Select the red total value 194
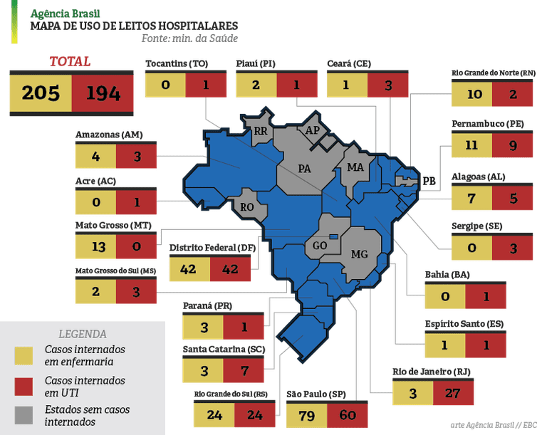(x=103, y=93)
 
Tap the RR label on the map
(x=260, y=131)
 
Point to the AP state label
(x=312, y=131)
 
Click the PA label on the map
(x=305, y=169)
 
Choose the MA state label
(x=355, y=167)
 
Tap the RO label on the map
(x=248, y=207)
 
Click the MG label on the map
(x=360, y=254)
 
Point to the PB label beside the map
(x=429, y=181)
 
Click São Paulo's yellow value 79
(x=306, y=415)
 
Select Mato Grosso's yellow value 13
(x=95, y=246)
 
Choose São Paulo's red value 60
(x=348, y=415)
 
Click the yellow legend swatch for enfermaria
(x=25, y=355)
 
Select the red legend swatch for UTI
(x=25, y=386)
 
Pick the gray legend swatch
(x=25, y=415)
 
